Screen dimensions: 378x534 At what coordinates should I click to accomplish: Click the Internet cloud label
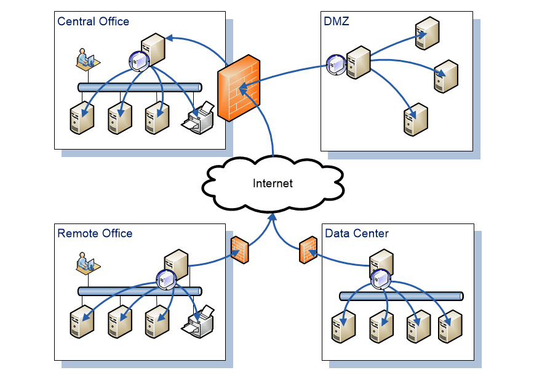273,183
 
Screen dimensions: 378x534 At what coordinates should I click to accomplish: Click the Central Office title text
93,22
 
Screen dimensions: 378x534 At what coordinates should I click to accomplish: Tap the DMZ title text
337,22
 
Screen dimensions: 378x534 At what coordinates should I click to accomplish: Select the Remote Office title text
95,233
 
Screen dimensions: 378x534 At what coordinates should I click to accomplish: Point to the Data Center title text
357,233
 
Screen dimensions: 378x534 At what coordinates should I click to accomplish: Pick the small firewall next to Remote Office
240,251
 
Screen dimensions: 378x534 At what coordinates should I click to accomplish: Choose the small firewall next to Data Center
308,252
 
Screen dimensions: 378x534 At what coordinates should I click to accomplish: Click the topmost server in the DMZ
427,33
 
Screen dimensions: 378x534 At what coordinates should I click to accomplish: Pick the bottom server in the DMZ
415,119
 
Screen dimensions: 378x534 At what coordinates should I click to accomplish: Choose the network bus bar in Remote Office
140,291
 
